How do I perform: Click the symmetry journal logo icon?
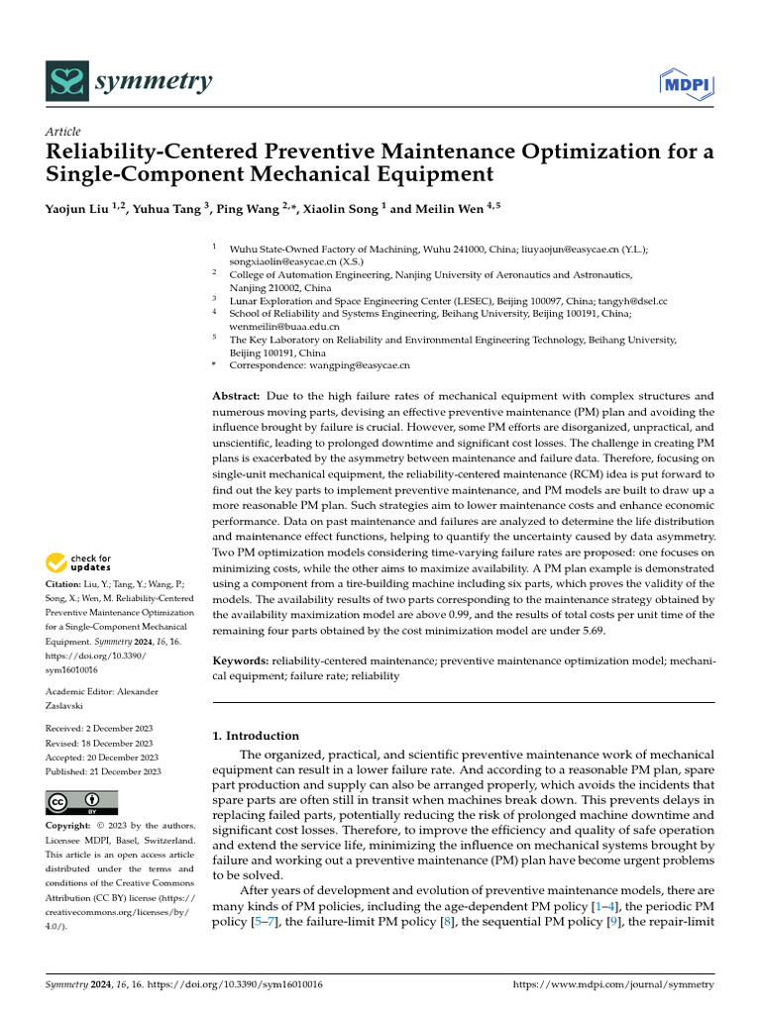point(66,82)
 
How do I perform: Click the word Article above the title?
point(63,132)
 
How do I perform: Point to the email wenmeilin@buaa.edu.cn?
point(284,325)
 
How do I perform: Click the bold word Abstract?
point(237,396)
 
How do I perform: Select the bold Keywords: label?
point(243,660)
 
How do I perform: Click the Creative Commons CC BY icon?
point(81,802)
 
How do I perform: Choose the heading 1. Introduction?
point(256,736)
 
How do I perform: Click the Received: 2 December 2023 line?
point(98,728)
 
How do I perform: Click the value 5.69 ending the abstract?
point(593,631)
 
